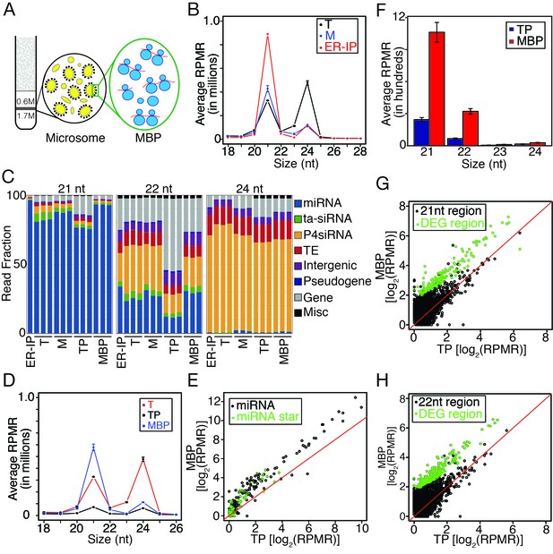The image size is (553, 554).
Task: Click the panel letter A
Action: (x=9, y=9)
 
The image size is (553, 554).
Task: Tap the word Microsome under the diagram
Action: (x=75, y=138)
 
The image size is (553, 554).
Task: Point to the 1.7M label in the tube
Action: (x=26, y=115)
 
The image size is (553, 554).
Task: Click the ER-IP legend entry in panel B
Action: (x=338, y=47)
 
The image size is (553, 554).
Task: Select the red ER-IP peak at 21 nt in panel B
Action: (x=267, y=34)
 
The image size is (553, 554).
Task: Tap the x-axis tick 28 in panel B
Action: (x=360, y=151)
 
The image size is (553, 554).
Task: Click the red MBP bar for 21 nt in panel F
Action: (x=436, y=89)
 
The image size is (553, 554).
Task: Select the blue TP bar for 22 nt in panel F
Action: (x=454, y=141)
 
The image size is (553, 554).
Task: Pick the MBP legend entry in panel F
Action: (x=525, y=41)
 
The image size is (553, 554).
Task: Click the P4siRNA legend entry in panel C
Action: (x=324, y=234)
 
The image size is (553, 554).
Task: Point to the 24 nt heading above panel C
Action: (x=249, y=189)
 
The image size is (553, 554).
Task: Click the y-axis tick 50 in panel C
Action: (x=20, y=264)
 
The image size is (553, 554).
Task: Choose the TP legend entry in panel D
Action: (x=155, y=414)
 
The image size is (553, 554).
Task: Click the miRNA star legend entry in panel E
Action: (x=264, y=417)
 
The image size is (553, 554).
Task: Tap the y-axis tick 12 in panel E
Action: (x=213, y=401)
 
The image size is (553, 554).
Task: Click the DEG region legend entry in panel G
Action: (x=450, y=223)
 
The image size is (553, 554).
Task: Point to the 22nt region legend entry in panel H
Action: (x=447, y=402)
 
